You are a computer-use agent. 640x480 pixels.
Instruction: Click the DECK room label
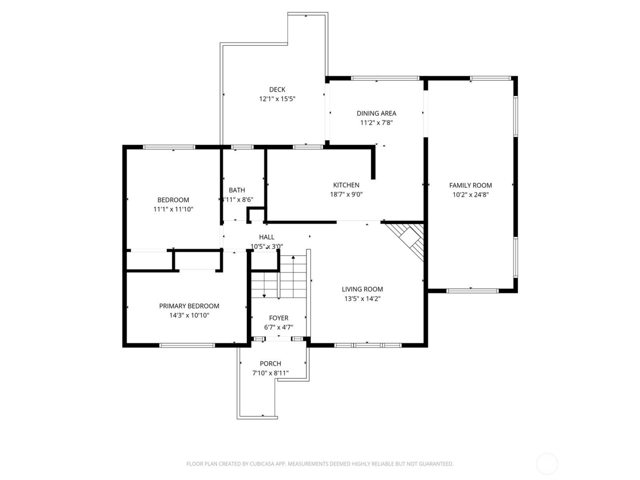277,90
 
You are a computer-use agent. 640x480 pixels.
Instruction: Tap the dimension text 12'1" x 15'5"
277,99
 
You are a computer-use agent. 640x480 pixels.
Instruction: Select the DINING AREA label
376,113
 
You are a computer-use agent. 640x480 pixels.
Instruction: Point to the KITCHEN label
346,185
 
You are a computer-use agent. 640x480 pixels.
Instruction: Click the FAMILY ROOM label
470,185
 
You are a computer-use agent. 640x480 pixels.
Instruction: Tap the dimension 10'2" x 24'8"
470,195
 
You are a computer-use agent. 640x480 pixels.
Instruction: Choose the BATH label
237,190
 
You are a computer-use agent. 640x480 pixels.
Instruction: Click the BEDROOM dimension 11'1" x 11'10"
173,209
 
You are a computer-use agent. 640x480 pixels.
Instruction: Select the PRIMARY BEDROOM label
189,306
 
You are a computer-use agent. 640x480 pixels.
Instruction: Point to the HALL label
267,237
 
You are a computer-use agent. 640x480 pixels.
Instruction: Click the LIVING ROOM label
362,289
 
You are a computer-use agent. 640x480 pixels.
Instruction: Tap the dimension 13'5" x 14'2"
362,299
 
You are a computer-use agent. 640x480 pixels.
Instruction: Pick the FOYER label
278,318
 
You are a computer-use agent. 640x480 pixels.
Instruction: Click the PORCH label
270,363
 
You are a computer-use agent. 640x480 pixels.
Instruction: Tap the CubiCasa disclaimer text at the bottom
320,464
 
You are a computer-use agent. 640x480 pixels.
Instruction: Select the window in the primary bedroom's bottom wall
187,345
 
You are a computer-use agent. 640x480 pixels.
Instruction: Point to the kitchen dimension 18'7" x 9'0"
346,194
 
